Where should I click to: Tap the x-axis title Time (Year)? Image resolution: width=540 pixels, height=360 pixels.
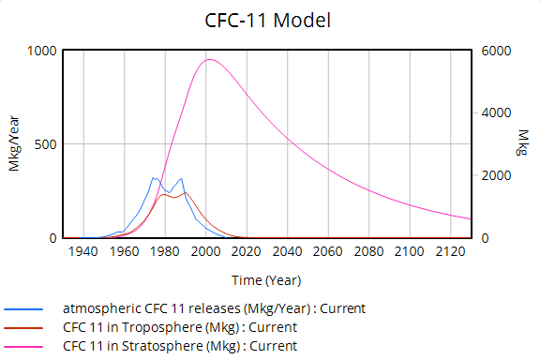coord(268,279)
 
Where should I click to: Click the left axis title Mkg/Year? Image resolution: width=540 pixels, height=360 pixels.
coord(15,145)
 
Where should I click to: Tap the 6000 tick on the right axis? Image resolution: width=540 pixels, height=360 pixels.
coord(496,51)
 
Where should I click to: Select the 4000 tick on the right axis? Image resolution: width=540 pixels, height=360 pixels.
coord(496,113)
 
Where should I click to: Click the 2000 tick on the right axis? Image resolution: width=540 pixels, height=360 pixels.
coord(496,176)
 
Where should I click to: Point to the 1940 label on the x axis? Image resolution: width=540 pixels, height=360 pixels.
coord(82,253)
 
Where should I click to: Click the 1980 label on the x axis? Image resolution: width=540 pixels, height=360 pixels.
coord(165,253)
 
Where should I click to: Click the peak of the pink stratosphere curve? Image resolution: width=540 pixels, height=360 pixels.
coord(208,60)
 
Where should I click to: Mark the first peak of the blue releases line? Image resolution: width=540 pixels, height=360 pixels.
coord(155,177)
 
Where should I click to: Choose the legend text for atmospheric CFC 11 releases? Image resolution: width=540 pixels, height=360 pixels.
coord(214,308)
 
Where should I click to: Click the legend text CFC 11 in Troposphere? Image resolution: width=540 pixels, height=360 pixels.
coord(179,327)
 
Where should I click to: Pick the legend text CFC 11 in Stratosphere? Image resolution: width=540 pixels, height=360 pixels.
coord(181,346)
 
